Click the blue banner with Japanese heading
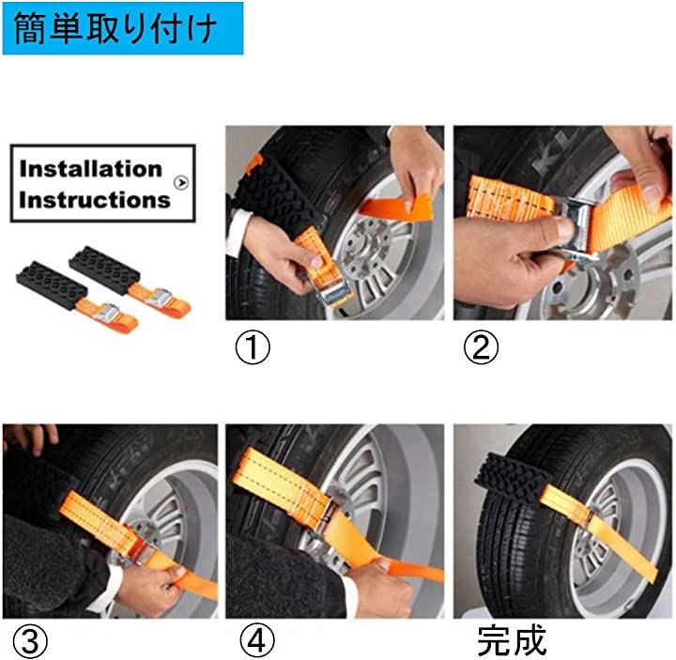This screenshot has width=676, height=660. pyautogui.click(x=123, y=28)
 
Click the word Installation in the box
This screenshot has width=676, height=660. pyautogui.click(x=90, y=169)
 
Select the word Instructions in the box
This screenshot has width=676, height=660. pyautogui.click(x=95, y=200)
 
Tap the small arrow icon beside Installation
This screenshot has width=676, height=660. pyautogui.click(x=181, y=183)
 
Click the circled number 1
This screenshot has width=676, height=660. pyautogui.click(x=253, y=347)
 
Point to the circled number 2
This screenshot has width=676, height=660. pyautogui.click(x=481, y=347)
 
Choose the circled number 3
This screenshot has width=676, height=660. pyautogui.click(x=30, y=641)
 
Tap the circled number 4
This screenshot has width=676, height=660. pyautogui.click(x=257, y=641)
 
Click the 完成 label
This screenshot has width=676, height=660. pyautogui.click(x=512, y=639)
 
